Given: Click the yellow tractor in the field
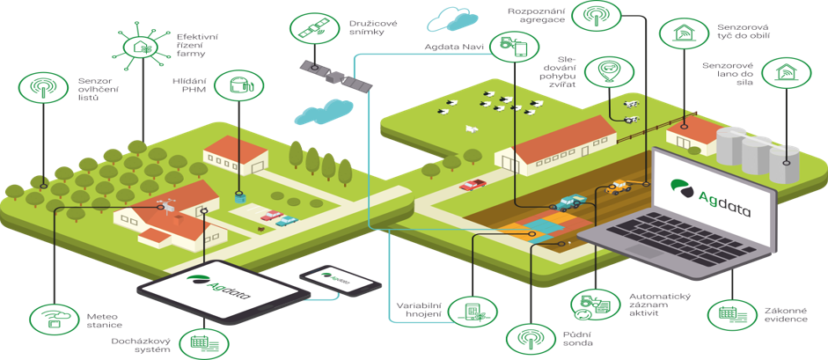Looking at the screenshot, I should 618,187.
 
